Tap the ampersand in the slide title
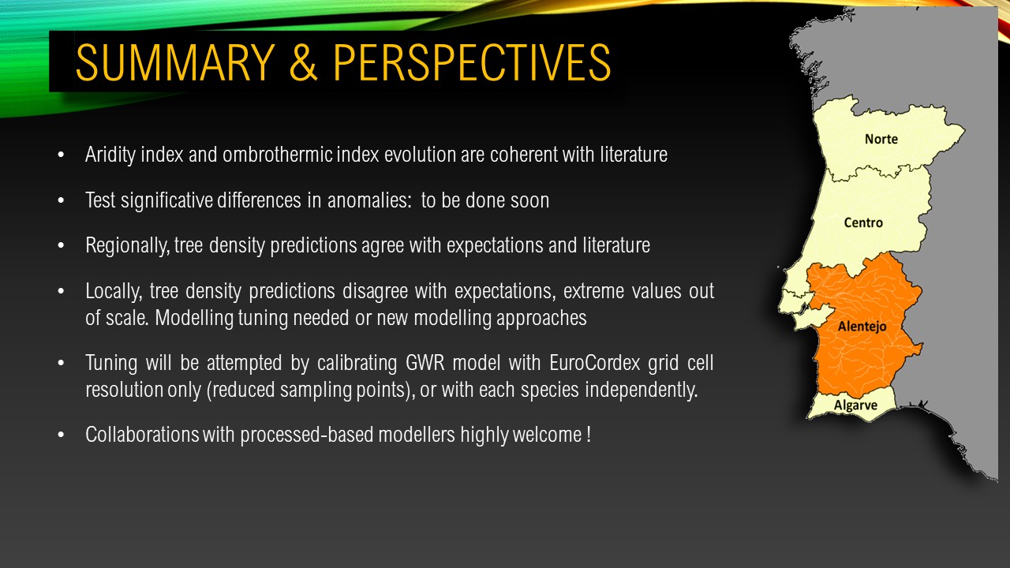pos(303,62)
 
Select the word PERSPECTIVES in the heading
pos(472,62)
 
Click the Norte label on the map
pos(881,139)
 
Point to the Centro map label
pos(863,222)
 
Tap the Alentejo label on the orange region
pos(862,327)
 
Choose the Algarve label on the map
pos(855,405)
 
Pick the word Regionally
pos(128,246)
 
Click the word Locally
pos(114,292)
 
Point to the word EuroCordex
pos(595,362)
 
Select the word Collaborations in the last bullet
pos(142,435)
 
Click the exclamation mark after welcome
pos(589,435)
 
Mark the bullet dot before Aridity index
pos(61,155)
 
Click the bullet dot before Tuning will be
pos(61,364)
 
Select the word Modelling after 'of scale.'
pos(193,318)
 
